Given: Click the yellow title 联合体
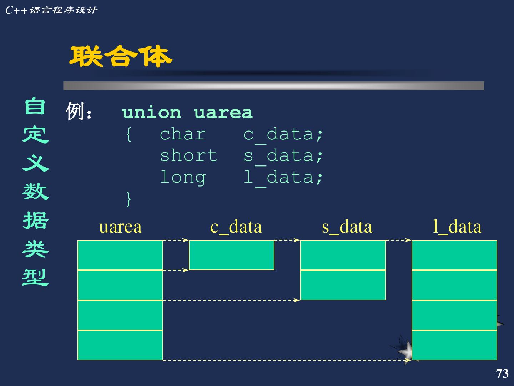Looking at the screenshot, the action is tap(121, 56).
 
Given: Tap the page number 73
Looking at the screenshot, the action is tap(502, 373).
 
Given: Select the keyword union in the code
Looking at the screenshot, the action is tap(151, 113).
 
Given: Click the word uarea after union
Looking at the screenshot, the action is tap(223, 113).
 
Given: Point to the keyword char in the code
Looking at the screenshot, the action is tap(182, 134).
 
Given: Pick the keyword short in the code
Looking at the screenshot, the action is tap(188, 156).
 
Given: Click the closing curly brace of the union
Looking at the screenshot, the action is tap(129, 198).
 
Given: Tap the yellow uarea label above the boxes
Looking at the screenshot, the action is tap(120, 227).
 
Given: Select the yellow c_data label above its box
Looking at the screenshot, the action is tap(236, 227).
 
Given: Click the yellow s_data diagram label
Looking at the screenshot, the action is tap(347, 227).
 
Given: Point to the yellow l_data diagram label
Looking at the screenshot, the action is tap(457, 227).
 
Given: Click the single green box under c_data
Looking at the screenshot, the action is tap(231, 255).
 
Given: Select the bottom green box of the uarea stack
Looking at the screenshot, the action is tap(120, 345).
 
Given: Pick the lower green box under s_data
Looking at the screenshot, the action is tap(343, 285).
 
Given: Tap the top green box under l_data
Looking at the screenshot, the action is tap(454, 255).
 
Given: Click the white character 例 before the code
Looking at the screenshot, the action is tap(75, 112).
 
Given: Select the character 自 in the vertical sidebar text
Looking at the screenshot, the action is tap(35, 107).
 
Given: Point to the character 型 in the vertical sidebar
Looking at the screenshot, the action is tap(35, 277).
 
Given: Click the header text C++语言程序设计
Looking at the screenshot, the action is tap(51, 10).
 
